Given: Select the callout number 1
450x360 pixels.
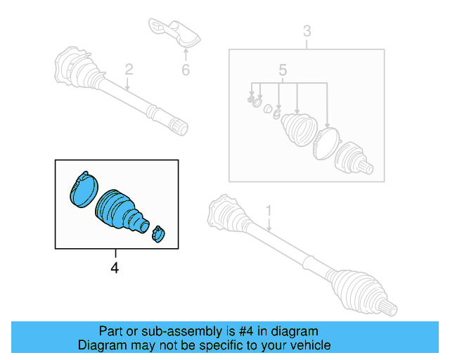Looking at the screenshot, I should [268, 210].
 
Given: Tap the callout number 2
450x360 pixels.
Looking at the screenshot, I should [129, 69].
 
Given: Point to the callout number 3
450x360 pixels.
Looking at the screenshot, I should [307, 31].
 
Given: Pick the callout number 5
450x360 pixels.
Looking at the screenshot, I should [283, 70].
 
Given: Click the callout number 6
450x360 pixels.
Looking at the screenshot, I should [186, 70].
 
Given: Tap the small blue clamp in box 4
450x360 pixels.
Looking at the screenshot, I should [159, 233].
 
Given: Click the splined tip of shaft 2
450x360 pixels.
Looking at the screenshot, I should [179, 127].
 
